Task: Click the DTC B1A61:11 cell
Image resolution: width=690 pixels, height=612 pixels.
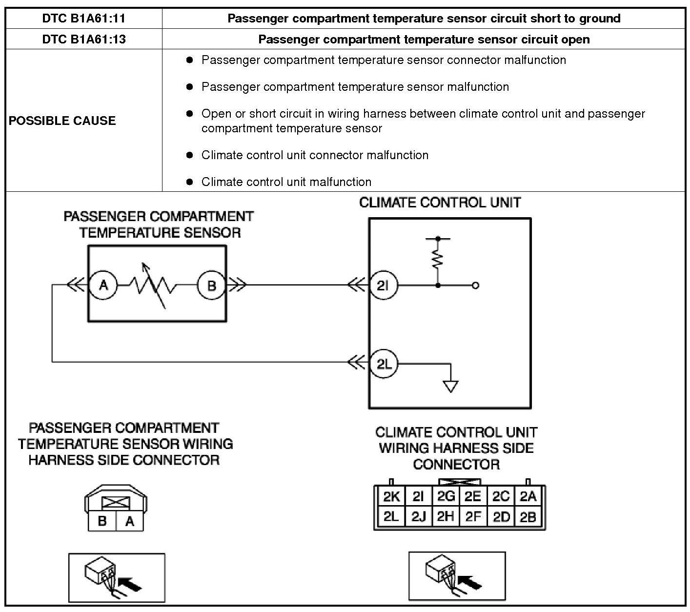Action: [x=83, y=19]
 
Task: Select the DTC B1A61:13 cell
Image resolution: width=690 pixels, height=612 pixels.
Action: [x=83, y=39]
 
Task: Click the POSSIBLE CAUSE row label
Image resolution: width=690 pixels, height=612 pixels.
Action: [x=62, y=121]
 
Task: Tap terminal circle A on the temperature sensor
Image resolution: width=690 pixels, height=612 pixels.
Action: [x=103, y=285]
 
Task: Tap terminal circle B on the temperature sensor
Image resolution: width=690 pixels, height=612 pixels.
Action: [x=211, y=285]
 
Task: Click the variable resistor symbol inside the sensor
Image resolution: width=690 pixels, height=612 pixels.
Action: [x=153, y=286]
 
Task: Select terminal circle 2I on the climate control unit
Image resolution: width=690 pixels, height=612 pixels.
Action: [x=384, y=285]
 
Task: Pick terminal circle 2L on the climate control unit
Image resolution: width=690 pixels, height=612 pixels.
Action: [x=384, y=364]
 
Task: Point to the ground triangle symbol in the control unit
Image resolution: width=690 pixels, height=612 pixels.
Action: [x=450, y=386]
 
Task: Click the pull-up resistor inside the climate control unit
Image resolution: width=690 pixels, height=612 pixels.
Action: [x=438, y=259]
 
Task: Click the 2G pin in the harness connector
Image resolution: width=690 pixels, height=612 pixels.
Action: [x=446, y=496]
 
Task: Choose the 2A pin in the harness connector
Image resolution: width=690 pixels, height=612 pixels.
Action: [x=528, y=496]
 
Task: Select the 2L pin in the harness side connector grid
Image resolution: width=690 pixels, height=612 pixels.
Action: [x=391, y=516]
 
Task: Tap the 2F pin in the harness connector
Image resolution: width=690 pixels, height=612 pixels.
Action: [x=473, y=516]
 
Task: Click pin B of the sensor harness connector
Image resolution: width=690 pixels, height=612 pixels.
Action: [x=102, y=521]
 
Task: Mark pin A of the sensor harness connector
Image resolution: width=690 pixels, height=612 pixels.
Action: [x=129, y=521]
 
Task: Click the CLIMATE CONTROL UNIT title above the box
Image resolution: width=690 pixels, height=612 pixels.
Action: [x=440, y=203]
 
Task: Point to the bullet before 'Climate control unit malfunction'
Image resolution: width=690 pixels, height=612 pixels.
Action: [x=190, y=182]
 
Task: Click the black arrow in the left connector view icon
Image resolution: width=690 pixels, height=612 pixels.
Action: [x=130, y=583]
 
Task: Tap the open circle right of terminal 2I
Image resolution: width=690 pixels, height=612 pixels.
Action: [x=476, y=286]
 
